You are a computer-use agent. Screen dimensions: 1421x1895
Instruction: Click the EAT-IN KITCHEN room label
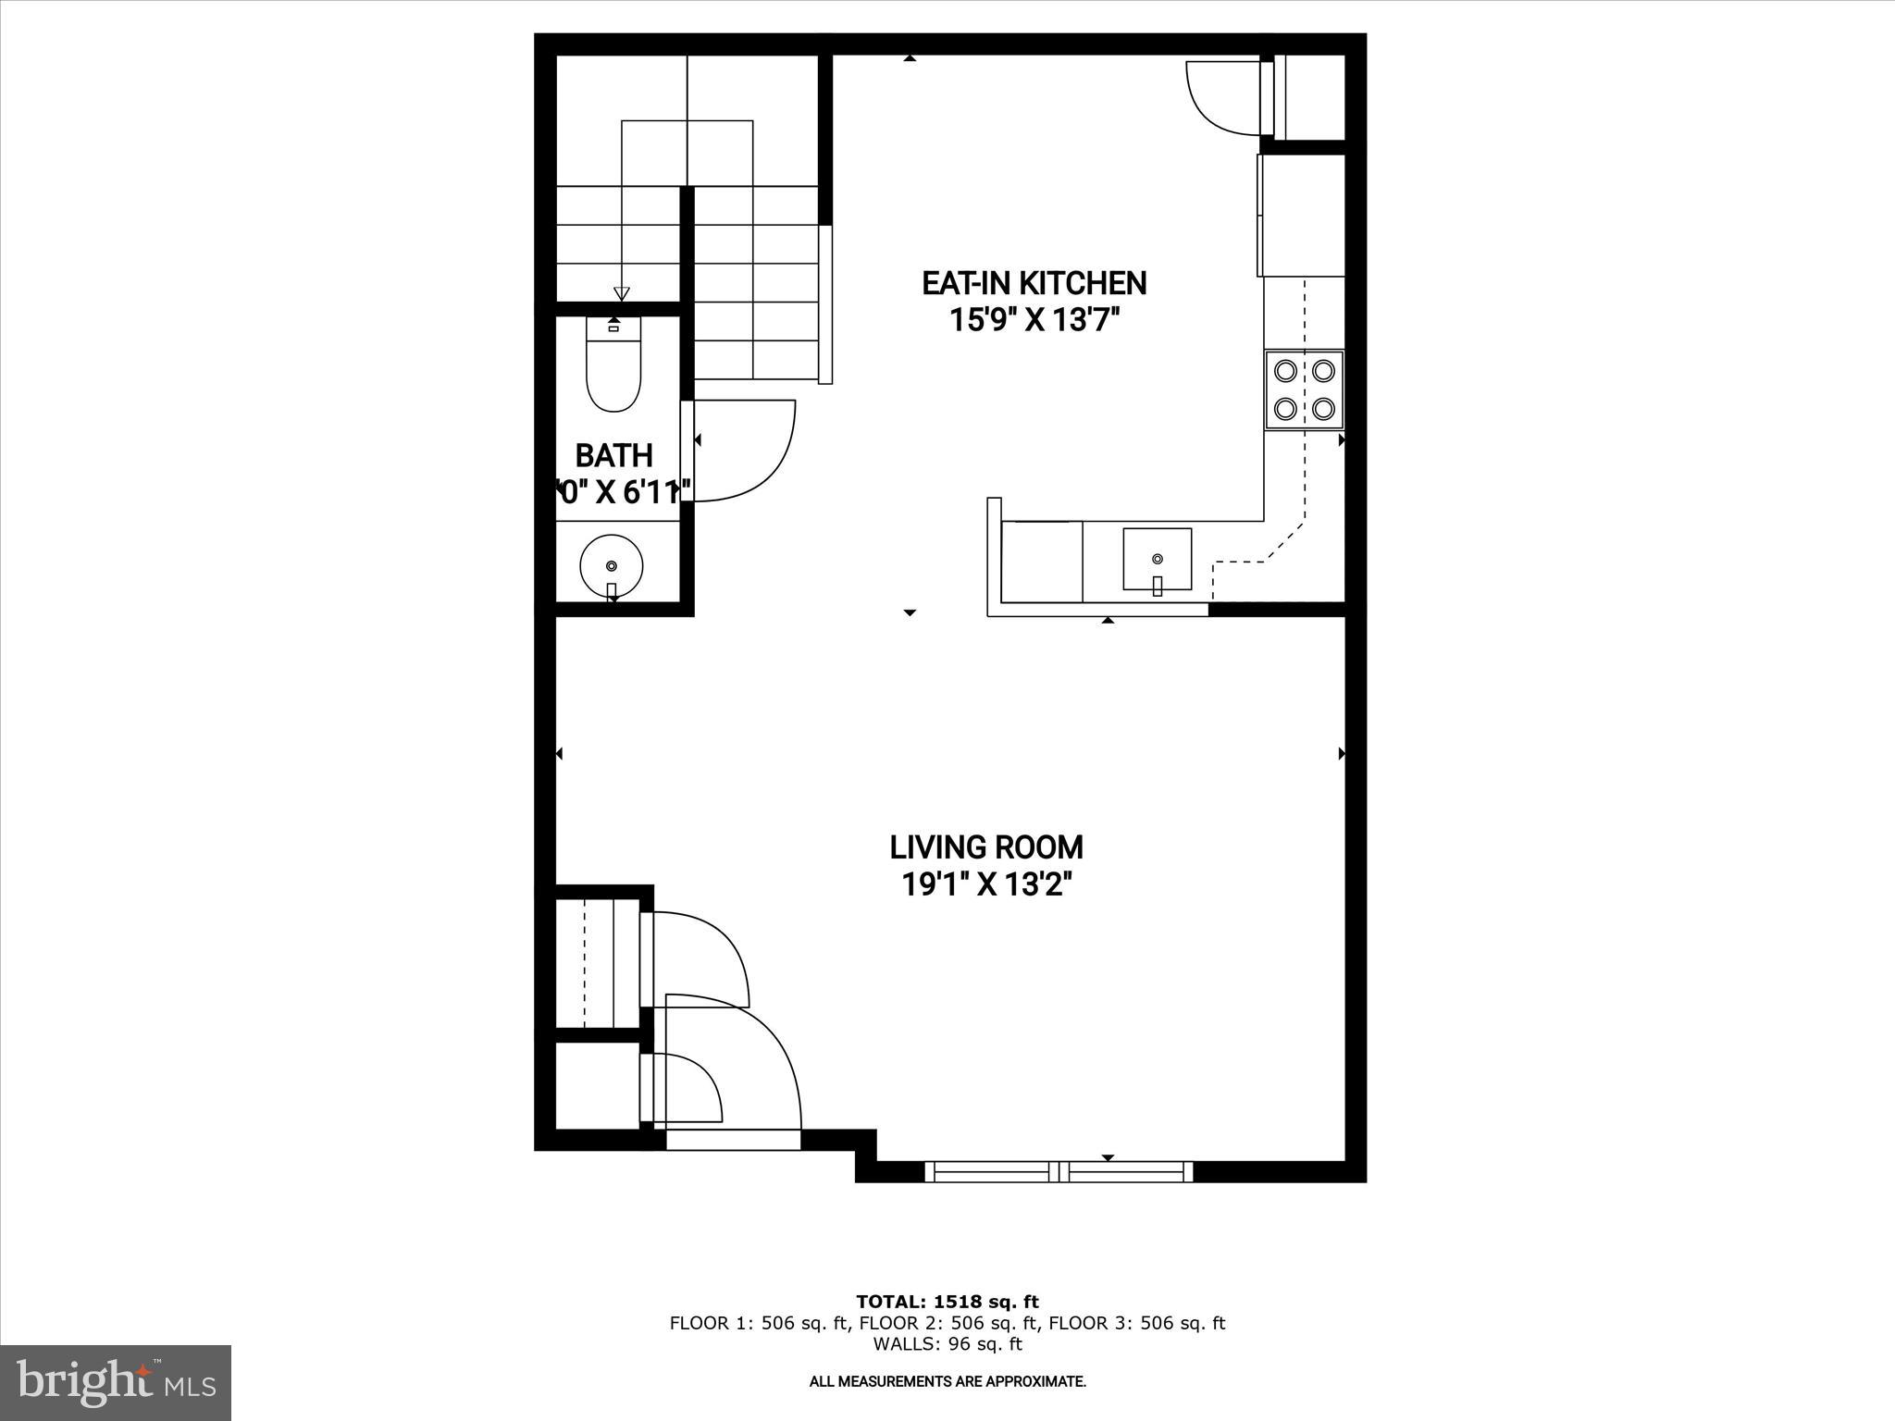tap(1034, 283)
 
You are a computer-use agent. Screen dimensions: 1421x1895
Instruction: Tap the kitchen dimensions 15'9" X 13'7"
tap(1034, 321)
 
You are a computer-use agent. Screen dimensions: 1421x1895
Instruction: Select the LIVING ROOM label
tap(986, 846)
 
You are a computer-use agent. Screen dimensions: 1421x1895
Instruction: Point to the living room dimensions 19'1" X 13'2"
tap(986, 885)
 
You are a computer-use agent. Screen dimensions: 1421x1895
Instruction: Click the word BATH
tap(613, 455)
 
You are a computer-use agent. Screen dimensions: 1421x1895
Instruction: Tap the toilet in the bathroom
tap(613, 368)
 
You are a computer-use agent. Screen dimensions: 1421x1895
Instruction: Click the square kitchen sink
tap(1157, 558)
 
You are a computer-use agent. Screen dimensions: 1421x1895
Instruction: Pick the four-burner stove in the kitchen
tap(1304, 389)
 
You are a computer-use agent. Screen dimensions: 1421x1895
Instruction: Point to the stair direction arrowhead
tap(622, 293)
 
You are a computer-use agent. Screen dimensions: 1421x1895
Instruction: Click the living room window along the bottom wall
tap(1059, 1171)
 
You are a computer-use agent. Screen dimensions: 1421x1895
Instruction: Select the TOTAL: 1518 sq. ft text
tap(947, 1302)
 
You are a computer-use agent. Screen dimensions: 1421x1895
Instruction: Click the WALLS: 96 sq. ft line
tap(947, 1344)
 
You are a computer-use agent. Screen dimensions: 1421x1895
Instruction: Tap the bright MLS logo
tap(116, 1382)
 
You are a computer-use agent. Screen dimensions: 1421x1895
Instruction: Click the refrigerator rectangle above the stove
tap(1300, 215)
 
